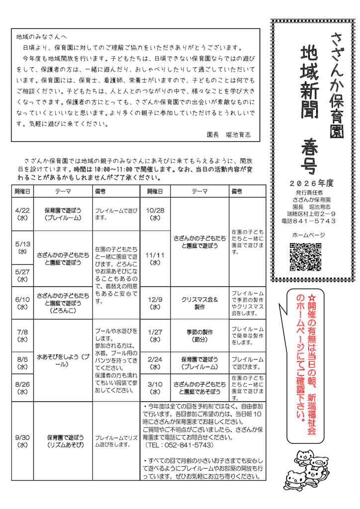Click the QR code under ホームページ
click(305, 256)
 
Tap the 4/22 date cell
click(22, 213)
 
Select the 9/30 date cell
click(22, 441)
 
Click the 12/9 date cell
click(155, 303)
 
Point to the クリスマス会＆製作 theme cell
click(200, 303)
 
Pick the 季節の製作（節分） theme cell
click(200, 336)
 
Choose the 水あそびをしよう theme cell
click(63, 360)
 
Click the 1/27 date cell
click(155, 336)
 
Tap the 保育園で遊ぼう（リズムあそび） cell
click(63, 441)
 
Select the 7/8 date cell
click(22, 336)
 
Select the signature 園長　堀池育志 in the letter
click(228, 135)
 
